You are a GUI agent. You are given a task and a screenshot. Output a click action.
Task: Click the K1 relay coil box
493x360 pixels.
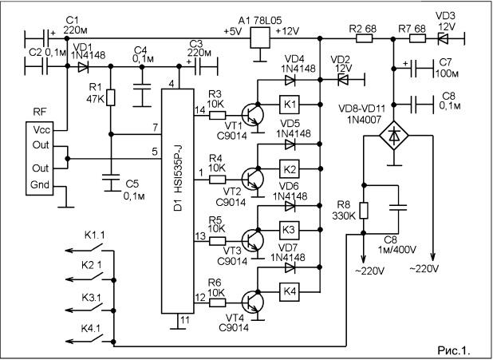click(290, 104)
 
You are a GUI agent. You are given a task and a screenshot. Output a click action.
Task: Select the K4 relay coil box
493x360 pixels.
click(290, 291)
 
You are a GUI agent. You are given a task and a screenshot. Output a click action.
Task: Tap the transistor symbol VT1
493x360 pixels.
click(252, 116)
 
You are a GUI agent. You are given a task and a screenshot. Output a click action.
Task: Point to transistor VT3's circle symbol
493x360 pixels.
click(252, 240)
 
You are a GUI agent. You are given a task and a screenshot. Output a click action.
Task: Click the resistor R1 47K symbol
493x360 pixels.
click(111, 97)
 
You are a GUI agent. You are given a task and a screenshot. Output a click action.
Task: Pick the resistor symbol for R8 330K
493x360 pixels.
click(364, 211)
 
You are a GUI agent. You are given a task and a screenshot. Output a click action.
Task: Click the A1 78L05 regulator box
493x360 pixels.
click(260, 38)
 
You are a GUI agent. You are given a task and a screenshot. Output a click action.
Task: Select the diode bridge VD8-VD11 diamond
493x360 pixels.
click(394, 136)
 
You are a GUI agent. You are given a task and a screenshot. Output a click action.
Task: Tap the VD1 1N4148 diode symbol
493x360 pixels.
click(83, 66)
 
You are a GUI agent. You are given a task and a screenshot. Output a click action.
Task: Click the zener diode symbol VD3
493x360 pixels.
click(444, 39)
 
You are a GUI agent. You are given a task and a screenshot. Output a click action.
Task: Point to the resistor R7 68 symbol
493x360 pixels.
click(417, 39)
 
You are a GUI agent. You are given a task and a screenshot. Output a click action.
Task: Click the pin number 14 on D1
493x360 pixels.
click(199, 110)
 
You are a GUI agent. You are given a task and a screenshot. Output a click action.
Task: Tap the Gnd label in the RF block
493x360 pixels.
click(40, 184)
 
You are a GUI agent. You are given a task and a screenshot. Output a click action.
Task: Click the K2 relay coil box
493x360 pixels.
click(290, 169)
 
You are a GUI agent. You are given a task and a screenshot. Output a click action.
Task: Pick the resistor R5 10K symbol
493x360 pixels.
click(217, 241)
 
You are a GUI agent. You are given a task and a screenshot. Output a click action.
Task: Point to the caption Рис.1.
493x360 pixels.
click(454, 350)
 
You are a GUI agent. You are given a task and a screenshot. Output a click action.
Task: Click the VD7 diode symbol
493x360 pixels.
click(290, 267)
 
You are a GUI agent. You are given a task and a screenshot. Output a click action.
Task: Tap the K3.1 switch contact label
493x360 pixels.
click(91, 298)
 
